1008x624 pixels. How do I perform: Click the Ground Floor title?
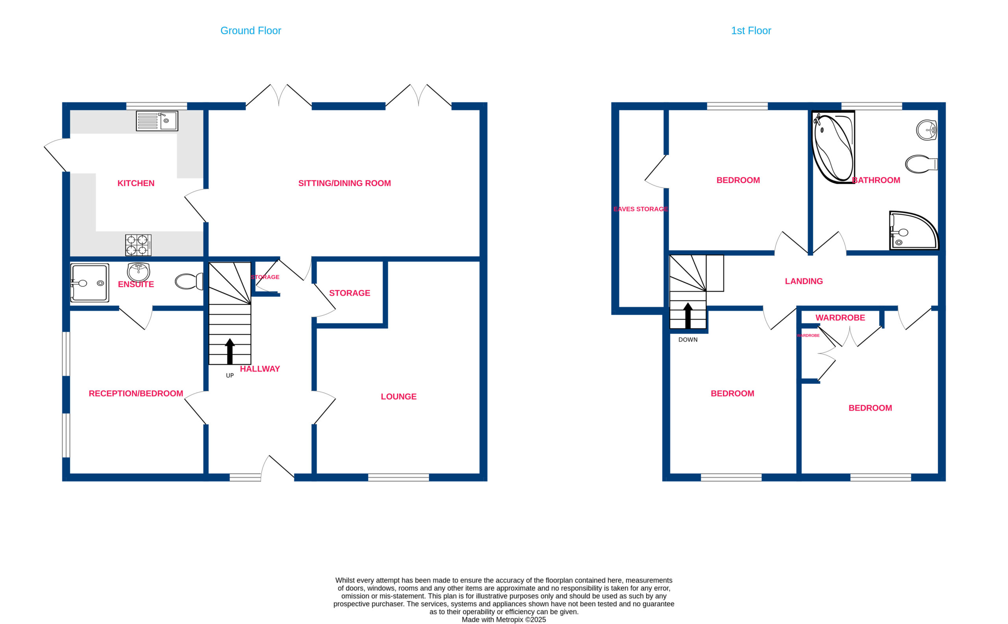point(250,31)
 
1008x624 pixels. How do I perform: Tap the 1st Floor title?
point(751,31)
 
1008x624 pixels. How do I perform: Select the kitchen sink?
point(157,121)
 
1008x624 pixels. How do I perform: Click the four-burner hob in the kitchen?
point(138,245)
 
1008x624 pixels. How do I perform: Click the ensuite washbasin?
point(138,272)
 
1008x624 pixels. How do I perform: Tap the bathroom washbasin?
point(926,130)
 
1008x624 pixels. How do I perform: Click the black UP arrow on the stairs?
point(230,351)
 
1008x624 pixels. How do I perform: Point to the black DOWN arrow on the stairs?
point(688,316)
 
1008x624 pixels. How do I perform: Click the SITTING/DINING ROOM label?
point(344,183)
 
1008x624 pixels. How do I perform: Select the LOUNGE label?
point(398,396)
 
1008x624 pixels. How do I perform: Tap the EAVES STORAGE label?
point(640,209)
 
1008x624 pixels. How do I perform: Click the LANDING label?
point(804,281)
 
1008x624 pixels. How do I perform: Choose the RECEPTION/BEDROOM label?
point(136,394)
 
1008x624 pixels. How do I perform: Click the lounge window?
point(398,478)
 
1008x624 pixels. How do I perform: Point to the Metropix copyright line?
point(504,619)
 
